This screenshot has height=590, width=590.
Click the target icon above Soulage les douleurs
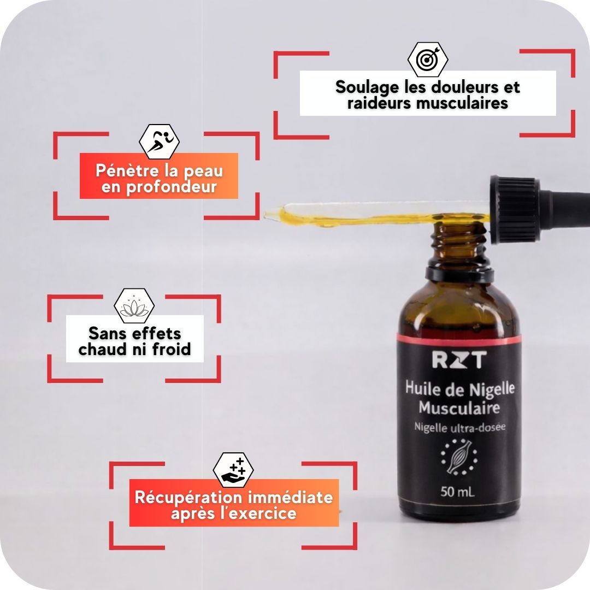point(428,58)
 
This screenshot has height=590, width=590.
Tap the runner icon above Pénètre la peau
point(159,141)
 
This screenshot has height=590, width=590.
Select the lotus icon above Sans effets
point(134,306)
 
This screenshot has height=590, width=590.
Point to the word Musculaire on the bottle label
point(459,407)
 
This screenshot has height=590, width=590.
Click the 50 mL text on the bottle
point(458,492)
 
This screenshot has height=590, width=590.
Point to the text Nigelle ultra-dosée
point(459,427)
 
